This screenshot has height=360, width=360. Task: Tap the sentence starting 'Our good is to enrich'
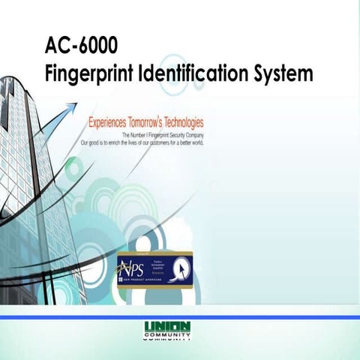[x=142, y=141]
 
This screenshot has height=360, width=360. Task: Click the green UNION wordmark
[x=166, y=326]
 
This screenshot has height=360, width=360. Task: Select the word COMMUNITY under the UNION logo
[x=166, y=336]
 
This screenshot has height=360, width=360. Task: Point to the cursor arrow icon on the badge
[x=180, y=267]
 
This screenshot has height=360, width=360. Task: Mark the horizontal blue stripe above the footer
[x=180, y=318]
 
